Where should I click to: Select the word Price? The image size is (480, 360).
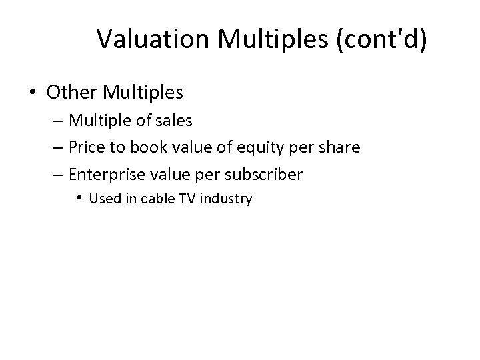click(x=85, y=147)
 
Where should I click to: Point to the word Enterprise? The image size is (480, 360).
click(x=103, y=175)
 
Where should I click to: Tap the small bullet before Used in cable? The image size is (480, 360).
click(x=79, y=199)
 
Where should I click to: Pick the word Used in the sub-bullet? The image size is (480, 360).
click(x=102, y=199)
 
